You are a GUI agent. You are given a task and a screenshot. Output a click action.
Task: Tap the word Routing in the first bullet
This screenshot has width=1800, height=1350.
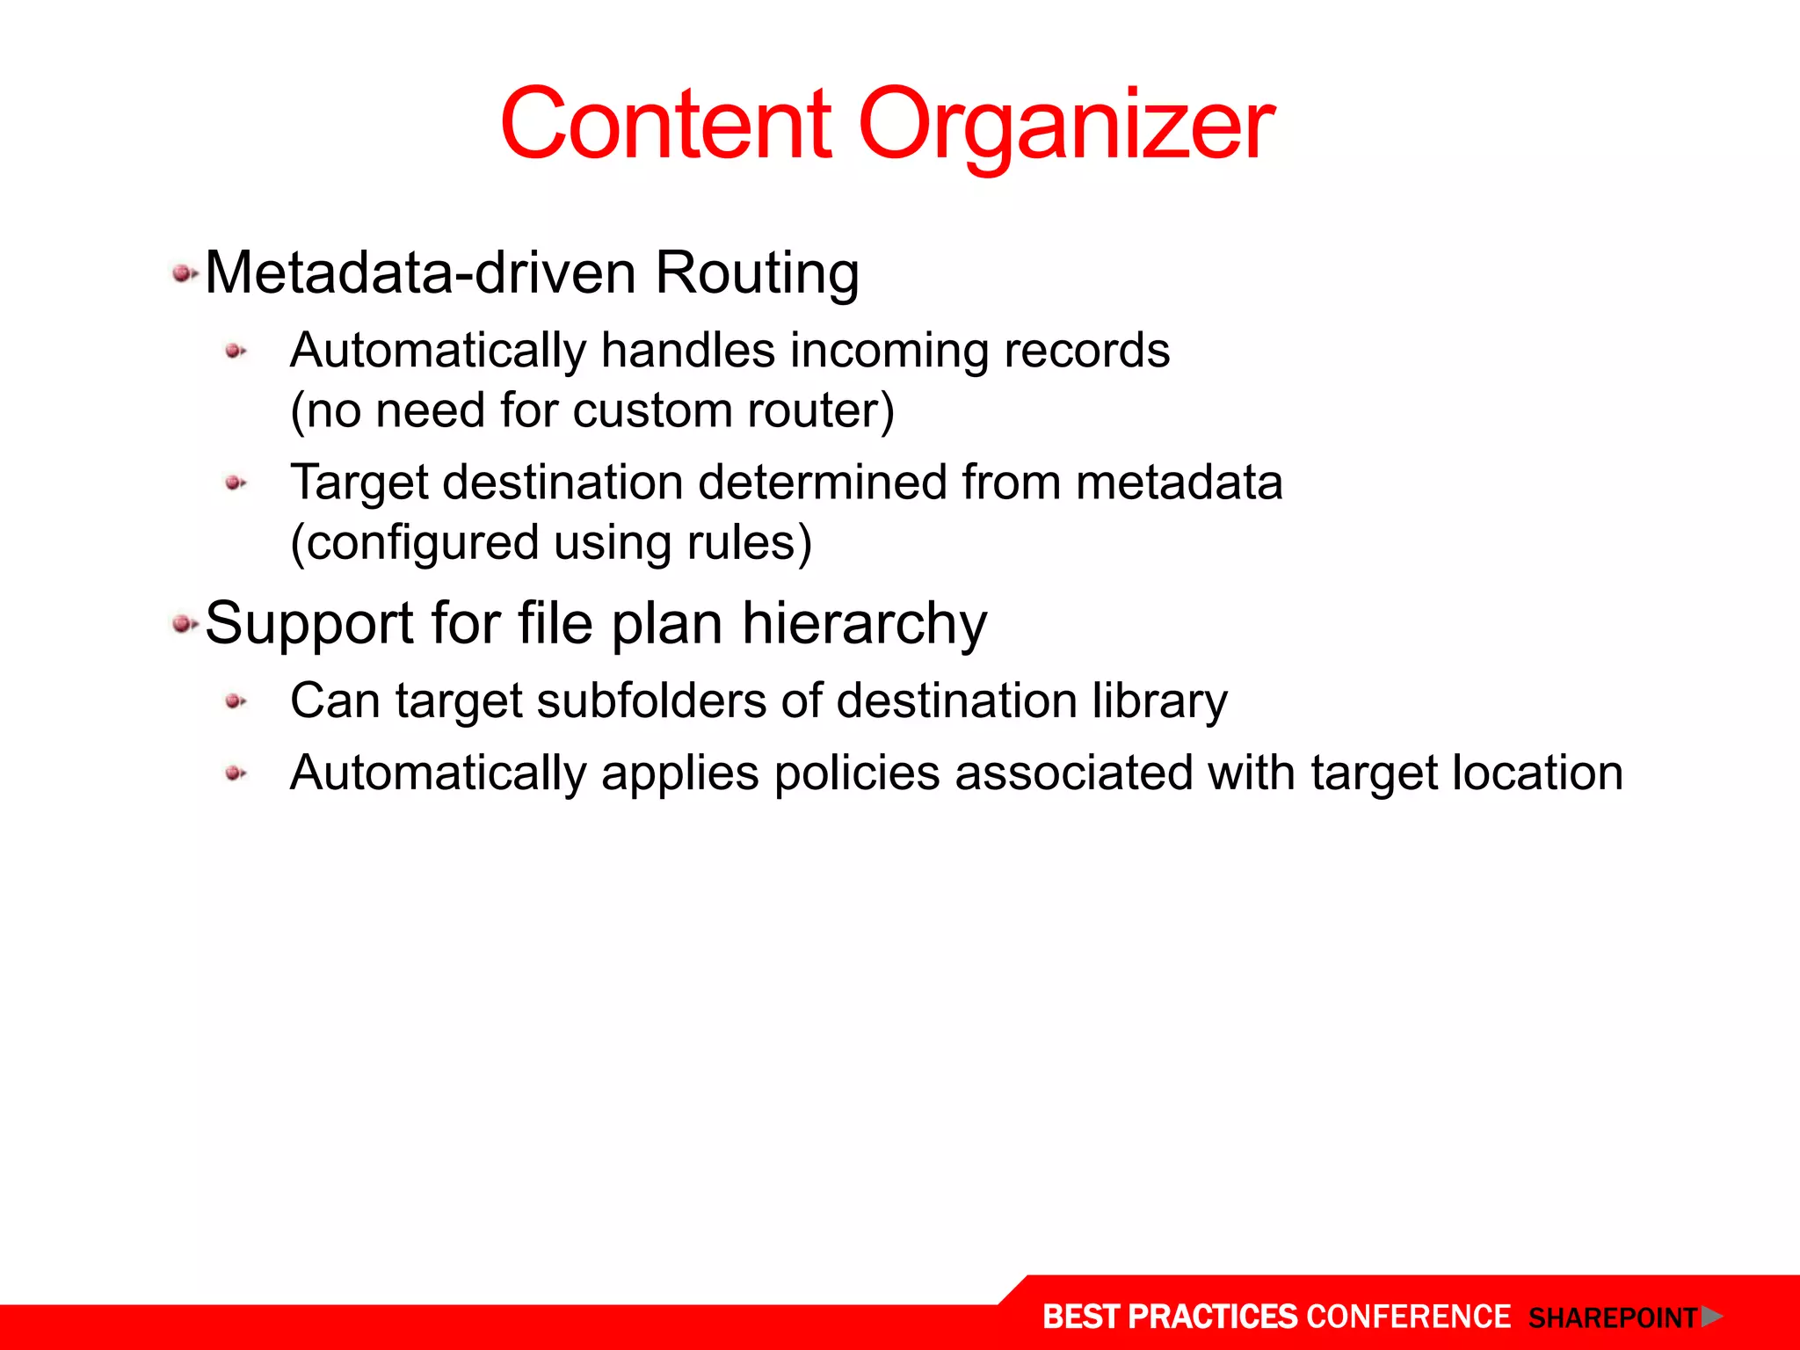click(x=757, y=272)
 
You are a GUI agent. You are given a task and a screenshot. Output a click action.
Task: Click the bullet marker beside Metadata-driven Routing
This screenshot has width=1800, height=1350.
click(x=184, y=274)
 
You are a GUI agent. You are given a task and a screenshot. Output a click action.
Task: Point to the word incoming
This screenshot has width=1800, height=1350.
click(x=889, y=352)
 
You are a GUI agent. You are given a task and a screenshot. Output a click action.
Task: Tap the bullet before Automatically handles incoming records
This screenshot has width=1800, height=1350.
click(x=235, y=352)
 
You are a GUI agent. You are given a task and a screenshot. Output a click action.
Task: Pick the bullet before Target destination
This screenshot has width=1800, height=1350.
click(x=235, y=483)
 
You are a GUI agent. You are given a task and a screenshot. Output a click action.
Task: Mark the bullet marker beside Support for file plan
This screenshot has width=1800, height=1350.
click(x=184, y=624)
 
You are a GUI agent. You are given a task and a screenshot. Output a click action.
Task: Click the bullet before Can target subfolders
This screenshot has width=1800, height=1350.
click(x=235, y=701)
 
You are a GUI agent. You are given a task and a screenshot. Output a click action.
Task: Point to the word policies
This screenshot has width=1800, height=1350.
click(x=857, y=773)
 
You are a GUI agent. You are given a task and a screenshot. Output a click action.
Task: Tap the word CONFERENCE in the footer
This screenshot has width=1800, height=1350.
click(x=1408, y=1317)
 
